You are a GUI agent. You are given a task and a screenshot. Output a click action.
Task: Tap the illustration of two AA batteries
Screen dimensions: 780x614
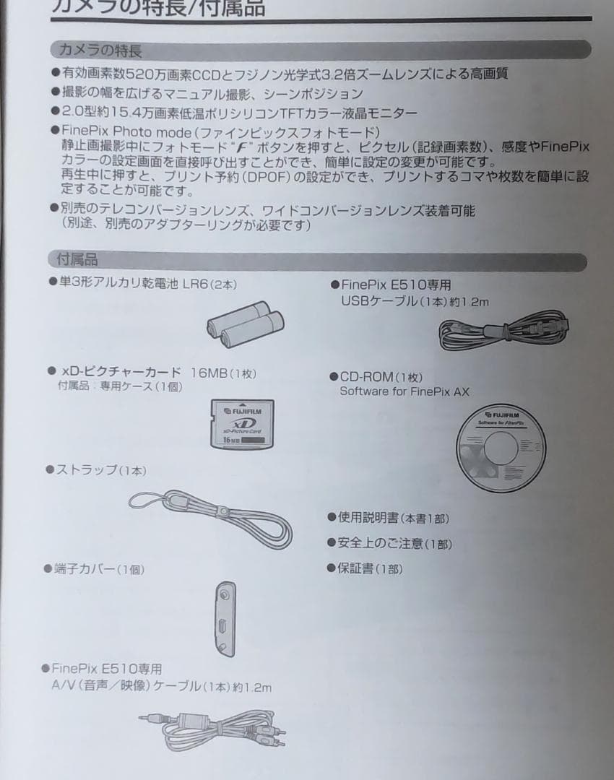244,324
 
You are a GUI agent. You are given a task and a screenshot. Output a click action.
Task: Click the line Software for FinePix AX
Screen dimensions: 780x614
404,391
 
